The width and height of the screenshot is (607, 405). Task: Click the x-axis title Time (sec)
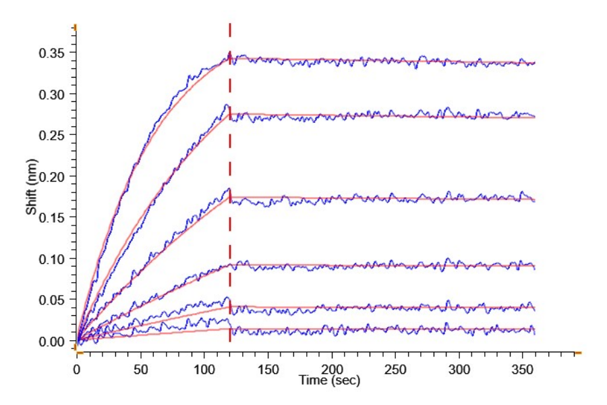(330, 381)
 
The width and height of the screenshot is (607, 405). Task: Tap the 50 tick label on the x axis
(141, 371)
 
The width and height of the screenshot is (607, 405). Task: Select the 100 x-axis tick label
(204, 371)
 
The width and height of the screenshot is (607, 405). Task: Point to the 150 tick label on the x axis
(268, 371)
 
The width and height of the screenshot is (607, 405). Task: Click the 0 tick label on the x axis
(77, 371)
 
